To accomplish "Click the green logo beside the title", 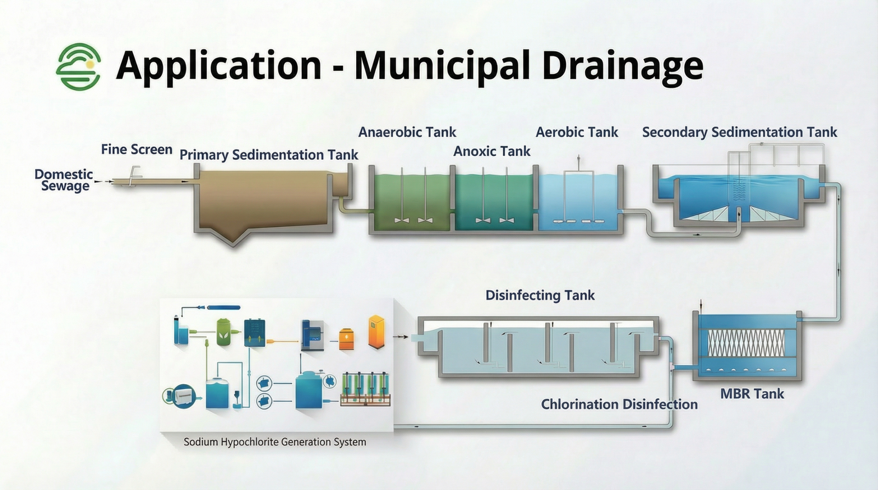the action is coord(78,66).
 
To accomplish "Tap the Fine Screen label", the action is coord(137,149).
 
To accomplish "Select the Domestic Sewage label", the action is coord(64,180).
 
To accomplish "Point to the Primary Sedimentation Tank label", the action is coord(269,155).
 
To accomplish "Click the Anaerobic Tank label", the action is coord(407,132).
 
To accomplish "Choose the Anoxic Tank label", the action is coord(492,151).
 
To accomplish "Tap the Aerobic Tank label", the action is coord(577,132).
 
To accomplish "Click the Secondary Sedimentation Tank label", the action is coord(740,132).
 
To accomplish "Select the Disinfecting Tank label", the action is coord(540,295).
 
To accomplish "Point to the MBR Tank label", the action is coord(752,393).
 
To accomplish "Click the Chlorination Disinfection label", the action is coord(620,404).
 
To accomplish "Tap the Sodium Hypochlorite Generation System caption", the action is coord(275,442).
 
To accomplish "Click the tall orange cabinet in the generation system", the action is coord(376,331).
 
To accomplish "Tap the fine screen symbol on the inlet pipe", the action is coord(133,176).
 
